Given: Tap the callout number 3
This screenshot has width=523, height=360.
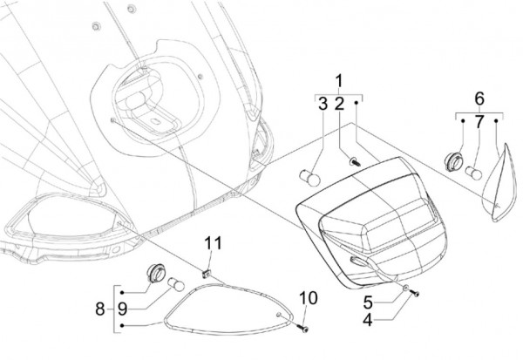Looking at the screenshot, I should tap(322, 105).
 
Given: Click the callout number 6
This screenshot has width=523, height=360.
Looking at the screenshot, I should tap(479, 96).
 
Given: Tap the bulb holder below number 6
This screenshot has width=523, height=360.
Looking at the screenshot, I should tap(454, 161).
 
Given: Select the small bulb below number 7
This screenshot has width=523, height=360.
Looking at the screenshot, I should tap(473, 167).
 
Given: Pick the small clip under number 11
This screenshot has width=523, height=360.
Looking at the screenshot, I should tap(207, 275).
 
